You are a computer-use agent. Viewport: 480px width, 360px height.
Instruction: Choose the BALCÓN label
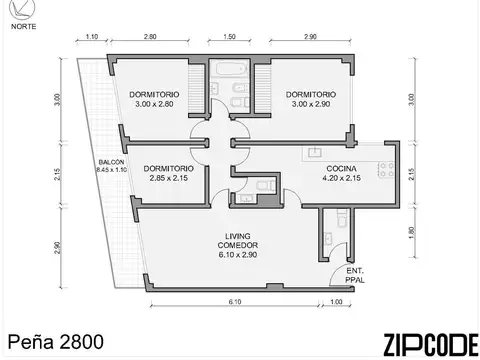tap(111, 162)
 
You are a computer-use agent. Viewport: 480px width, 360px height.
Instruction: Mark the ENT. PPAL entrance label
tap(355, 276)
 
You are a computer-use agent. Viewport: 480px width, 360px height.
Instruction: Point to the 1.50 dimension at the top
tap(229, 36)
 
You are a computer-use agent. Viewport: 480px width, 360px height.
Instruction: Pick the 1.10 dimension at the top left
tap(92, 36)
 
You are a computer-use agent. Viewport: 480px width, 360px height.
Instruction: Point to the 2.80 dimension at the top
tap(150, 36)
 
